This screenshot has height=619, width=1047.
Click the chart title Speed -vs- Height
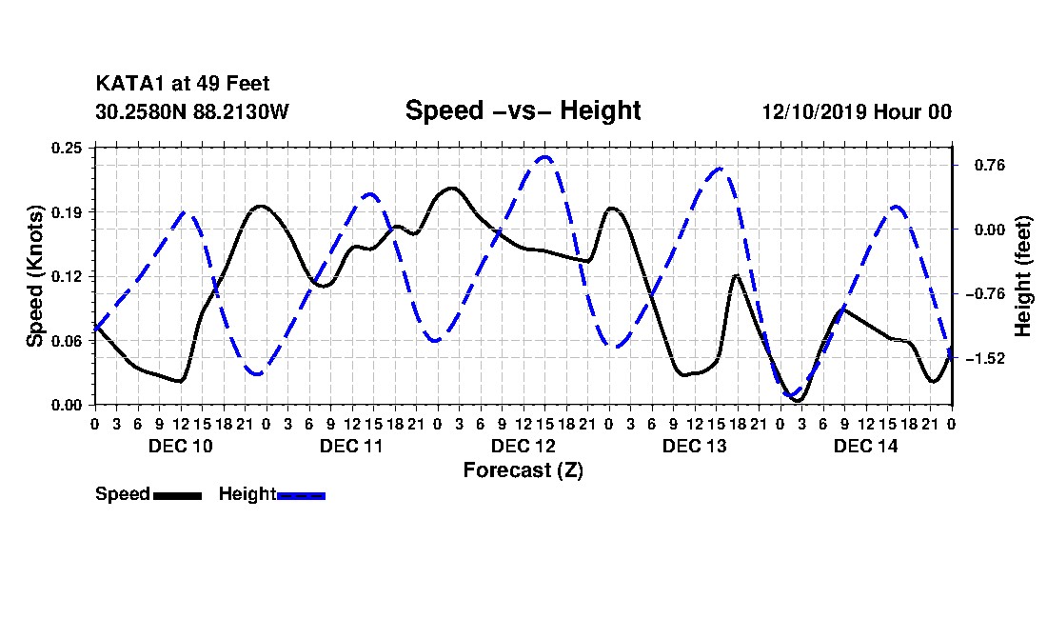pyautogui.click(x=523, y=110)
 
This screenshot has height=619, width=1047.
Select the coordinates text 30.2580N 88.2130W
pyautogui.click(x=192, y=111)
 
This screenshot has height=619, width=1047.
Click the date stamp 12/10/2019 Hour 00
pyautogui.click(x=857, y=111)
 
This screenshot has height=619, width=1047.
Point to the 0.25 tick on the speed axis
pyautogui.click(x=67, y=148)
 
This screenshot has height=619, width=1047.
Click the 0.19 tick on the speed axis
pyautogui.click(x=67, y=212)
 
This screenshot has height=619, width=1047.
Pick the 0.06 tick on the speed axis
pyautogui.click(x=67, y=341)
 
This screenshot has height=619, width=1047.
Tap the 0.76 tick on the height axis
pyautogui.click(x=990, y=165)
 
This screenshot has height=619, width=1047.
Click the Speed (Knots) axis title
pyautogui.click(x=34, y=276)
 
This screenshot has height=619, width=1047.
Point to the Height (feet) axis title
pyautogui.click(x=1022, y=276)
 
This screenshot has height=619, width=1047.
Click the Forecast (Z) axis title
pyautogui.click(x=523, y=470)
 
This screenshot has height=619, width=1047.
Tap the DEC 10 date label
pyautogui.click(x=180, y=446)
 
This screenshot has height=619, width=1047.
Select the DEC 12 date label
pyautogui.click(x=523, y=446)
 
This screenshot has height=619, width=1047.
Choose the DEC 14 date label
pyautogui.click(x=865, y=446)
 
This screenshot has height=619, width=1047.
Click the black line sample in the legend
pyautogui.click(x=177, y=495)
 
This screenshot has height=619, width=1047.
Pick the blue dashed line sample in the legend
pyautogui.click(x=301, y=495)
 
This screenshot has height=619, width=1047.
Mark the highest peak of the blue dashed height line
pyautogui.click(x=545, y=157)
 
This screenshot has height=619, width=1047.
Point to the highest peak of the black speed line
pyautogui.click(x=453, y=189)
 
